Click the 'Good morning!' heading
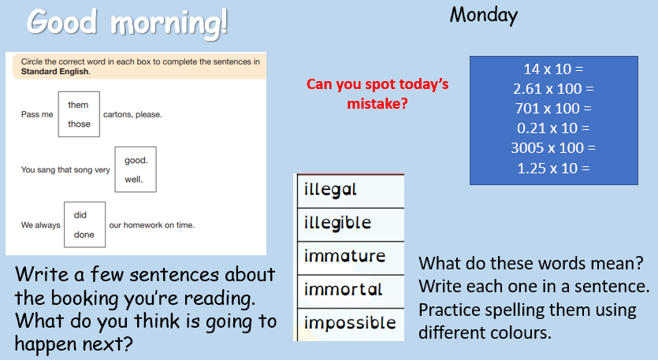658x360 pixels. tap(127, 23)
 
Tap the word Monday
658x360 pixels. tap(484, 16)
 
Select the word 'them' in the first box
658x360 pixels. tap(79, 105)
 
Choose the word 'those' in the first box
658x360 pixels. tap(80, 124)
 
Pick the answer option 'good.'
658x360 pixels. tap(136, 161)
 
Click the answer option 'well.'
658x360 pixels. tap(134, 180)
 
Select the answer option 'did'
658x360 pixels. tap(80, 215)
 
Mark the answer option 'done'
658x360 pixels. tap(84, 235)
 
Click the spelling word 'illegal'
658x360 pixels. tap(330, 190)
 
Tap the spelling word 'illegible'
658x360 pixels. tap(338, 223)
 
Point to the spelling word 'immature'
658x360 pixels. tap(344, 256)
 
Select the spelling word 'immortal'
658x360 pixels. tap(344, 289)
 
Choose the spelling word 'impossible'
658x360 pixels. tap(350, 323)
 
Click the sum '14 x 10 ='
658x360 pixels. tap(553, 69)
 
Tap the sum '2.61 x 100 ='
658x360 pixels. tap(553, 89)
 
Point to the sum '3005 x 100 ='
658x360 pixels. tap(553, 148)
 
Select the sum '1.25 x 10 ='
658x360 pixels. tap(553, 169)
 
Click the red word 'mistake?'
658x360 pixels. tap(377, 104)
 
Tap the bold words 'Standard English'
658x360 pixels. tap(55, 72)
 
